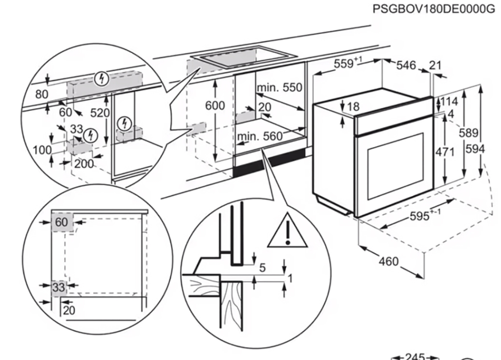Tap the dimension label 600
pyautogui.click(x=215, y=106)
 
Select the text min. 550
pyautogui.click(x=279, y=88)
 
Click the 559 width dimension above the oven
pyautogui.click(x=347, y=64)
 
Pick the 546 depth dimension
pyautogui.click(x=406, y=65)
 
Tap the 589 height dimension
pyautogui.click(x=469, y=133)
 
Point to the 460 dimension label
pyautogui.click(x=388, y=261)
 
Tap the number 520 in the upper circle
pyautogui.click(x=99, y=113)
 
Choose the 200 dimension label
pyautogui.click(x=84, y=164)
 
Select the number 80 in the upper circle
pyautogui.click(x=42, y=94)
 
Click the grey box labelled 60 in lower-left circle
pyautogui.click(x=62, y=223)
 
